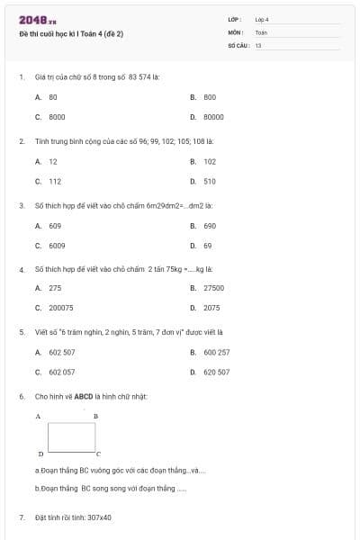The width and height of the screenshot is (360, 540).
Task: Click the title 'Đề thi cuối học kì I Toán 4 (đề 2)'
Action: click(x=71, y=34)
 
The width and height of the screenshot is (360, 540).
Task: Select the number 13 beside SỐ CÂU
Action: click(x=258, y=44)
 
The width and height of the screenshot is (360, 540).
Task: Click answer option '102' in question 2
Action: click(x=210, y=161)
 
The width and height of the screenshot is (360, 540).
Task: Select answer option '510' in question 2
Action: click(x=210, y=181)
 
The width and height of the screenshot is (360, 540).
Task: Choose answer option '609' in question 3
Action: click(x=55, y=225)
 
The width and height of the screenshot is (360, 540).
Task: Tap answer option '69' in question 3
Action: click(x=207, y=245)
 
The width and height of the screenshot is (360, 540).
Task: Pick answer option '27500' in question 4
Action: click(x=213, y=288)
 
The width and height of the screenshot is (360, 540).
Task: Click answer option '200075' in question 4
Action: click(x=61, y=308)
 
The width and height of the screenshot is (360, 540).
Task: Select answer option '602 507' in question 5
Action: click(x=62, y=352)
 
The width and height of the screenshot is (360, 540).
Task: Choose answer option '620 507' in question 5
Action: click(x=216, y=372)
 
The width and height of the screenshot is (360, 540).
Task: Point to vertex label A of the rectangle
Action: click(x=38, y=417)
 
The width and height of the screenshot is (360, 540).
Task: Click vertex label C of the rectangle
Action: click(x=98, y=454)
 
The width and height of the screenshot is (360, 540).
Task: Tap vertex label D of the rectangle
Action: click(x=40, y=454)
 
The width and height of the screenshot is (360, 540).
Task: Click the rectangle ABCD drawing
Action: click(x=71, y=436)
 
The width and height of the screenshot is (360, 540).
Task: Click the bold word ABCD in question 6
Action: click(x=97, y=396)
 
